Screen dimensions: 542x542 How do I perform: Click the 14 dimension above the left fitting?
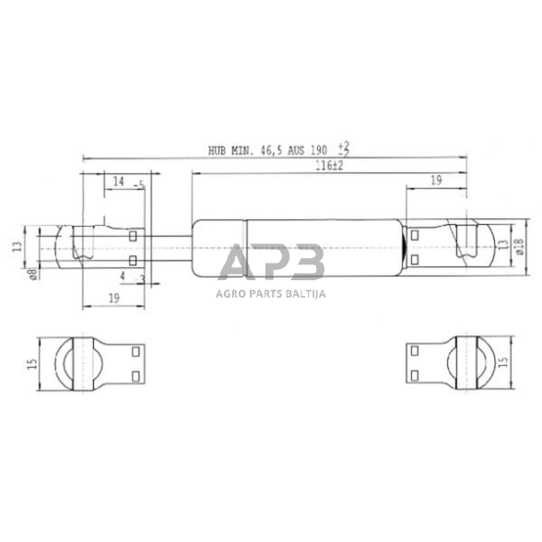(118, 183)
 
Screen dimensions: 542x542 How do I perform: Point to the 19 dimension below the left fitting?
(113, 297)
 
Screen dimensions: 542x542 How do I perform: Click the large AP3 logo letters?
(270, 263)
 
